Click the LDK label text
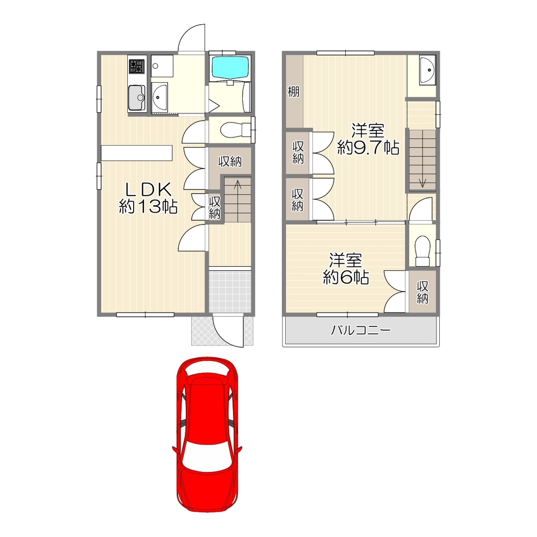tap(148, 190)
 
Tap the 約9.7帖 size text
tap(368, 148)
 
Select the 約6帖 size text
tap(345, 277)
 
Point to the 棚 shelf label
tap(293, 91)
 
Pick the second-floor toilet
tap(423, 251)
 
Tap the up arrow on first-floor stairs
tap(237, 188)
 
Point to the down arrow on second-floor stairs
tap(423, 182)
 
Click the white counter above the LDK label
tap(136, 153)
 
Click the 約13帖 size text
tap(148, 207)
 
